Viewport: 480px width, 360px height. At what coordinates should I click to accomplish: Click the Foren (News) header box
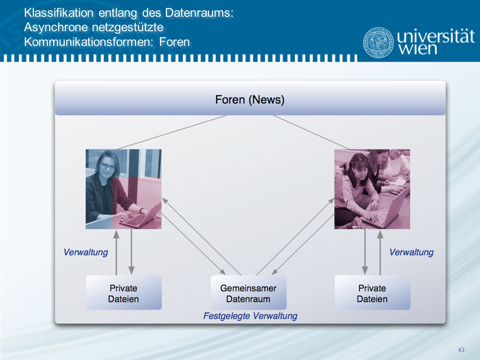pos(250,98)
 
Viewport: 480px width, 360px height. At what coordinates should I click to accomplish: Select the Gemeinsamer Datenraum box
pos(248,292)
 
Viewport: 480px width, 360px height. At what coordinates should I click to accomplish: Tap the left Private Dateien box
pos(123,292)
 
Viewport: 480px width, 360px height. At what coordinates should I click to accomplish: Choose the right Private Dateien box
pos(372,292)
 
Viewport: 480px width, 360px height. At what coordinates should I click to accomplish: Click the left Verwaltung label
pos(86,252)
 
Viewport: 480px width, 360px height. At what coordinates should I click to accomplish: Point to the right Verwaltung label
pos(411,252)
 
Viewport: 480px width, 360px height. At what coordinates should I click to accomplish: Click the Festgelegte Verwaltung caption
pos(250,316)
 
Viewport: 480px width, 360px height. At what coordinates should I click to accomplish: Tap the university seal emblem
pos(378,43)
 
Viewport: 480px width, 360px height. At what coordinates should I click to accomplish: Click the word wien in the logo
pos(418,49)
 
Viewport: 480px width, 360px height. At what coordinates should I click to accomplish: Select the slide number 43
pos(461,350)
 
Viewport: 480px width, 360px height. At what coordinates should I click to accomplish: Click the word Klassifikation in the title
pos(59,13)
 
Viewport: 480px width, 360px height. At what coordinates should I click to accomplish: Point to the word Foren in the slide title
pos(174,42)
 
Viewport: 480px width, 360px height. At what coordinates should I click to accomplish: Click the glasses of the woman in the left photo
pos(108,167)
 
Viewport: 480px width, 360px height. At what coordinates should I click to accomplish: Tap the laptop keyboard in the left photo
pos(132,220)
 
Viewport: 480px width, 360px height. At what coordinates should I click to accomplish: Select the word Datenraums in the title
pos(199,13)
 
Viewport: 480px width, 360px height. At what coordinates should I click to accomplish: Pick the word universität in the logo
pos(436,36)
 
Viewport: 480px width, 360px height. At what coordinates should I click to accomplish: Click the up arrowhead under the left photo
pos(116,234)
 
